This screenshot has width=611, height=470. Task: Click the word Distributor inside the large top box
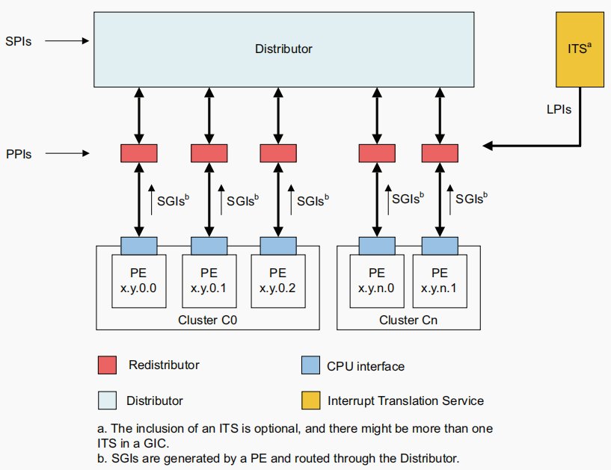283,49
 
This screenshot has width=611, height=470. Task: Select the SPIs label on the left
18,41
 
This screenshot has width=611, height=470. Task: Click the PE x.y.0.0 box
138,281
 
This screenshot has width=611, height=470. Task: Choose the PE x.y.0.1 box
209,281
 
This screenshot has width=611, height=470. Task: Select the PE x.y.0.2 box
277,281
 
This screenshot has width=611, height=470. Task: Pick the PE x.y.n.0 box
377,281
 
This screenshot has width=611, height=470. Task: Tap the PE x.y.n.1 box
440,281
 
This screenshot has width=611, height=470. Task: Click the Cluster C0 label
208,320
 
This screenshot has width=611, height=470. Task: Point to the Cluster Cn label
408,320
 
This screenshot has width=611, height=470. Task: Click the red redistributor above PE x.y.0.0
138,153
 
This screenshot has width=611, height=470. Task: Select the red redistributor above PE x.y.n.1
440,153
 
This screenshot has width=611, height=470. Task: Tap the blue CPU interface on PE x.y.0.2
278,245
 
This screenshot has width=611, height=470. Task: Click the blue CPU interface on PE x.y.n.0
377,245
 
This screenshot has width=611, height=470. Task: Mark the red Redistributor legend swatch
108,365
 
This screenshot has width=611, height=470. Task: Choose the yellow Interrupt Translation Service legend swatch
310,401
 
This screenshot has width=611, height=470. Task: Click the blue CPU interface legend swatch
310,365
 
